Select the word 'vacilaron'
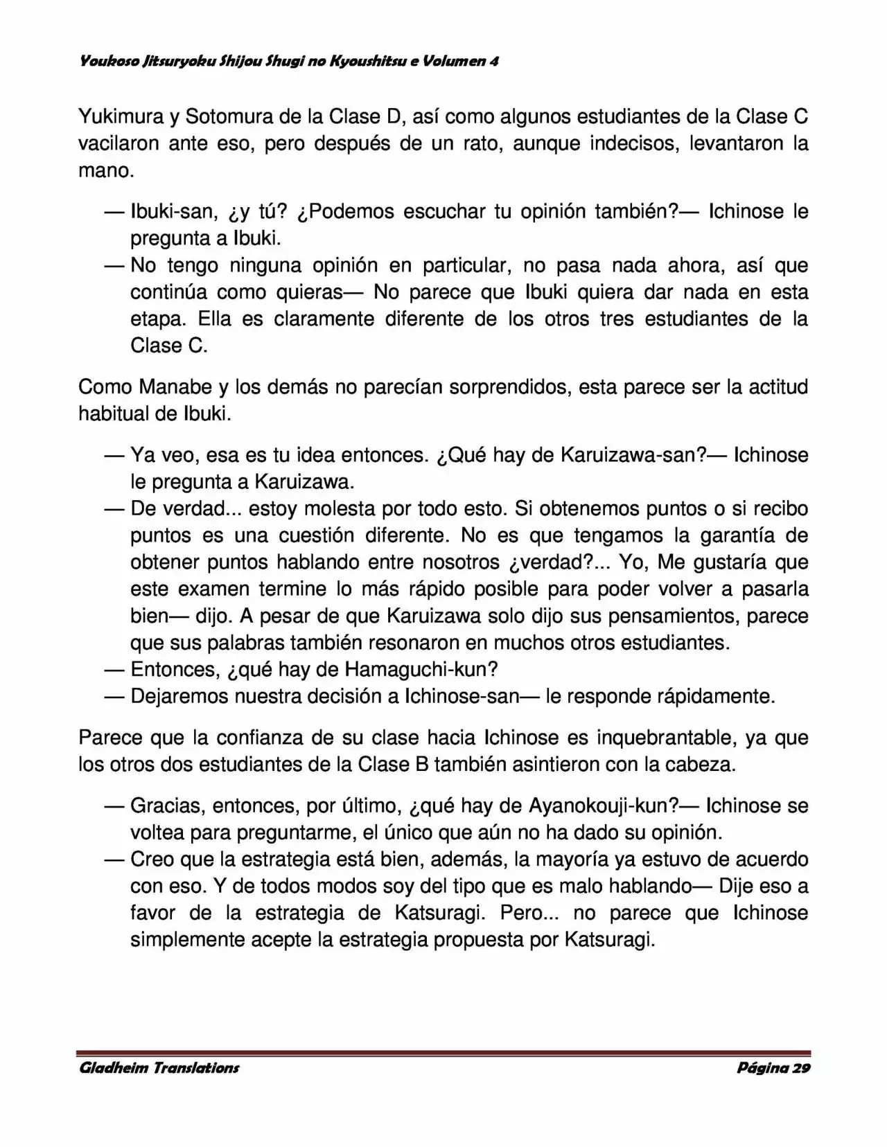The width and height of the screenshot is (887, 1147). coord(119,144)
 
